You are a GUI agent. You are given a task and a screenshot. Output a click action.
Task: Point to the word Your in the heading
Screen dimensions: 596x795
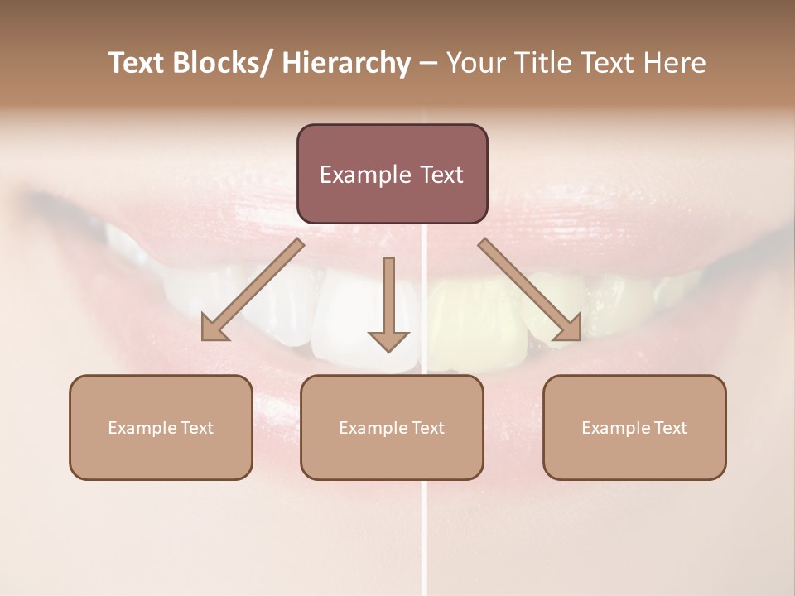coord(475,64)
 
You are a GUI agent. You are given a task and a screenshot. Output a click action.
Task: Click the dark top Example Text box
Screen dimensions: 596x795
coord(392,174)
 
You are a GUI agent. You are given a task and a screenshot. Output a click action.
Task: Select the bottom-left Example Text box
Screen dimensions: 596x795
coord(161,427)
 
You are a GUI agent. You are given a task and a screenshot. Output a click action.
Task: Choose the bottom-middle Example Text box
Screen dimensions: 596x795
coord(392,427)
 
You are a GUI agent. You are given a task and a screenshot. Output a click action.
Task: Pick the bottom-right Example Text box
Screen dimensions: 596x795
coord(634,427)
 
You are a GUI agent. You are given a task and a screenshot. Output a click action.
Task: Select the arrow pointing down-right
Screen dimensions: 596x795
coord(530,290)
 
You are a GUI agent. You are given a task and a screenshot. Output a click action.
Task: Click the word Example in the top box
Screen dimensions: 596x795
coord(364,175)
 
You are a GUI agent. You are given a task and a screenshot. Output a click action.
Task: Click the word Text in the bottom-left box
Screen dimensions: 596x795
coord(197,428)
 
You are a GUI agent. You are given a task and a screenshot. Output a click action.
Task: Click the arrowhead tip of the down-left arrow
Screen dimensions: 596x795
coord(204,339)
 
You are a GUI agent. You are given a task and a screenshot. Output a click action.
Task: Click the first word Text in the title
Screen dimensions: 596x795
coord(137,64)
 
